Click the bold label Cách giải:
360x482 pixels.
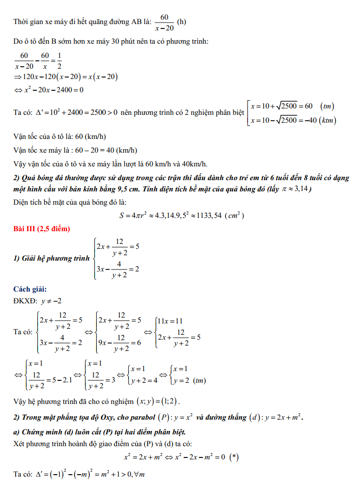coord(31,289)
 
